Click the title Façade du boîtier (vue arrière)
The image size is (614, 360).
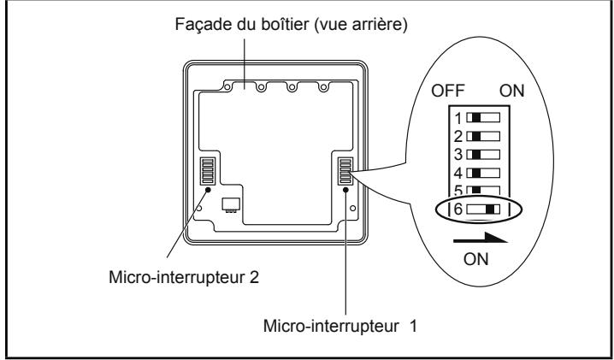291,24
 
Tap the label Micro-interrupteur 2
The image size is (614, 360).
184,277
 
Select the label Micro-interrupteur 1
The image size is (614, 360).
339,326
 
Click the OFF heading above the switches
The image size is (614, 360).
447,91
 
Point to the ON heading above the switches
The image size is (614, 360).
511,91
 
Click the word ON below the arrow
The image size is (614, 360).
475,259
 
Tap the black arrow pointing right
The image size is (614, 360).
481,239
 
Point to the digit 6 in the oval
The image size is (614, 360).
458,210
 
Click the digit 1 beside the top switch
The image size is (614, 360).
459,118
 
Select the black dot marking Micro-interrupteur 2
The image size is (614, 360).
208,190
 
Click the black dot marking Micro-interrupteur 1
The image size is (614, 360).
345,190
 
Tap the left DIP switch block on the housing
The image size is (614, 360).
208,171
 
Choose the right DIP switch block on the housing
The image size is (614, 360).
345,171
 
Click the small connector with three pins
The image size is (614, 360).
230,205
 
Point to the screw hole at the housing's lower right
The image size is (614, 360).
353,208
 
